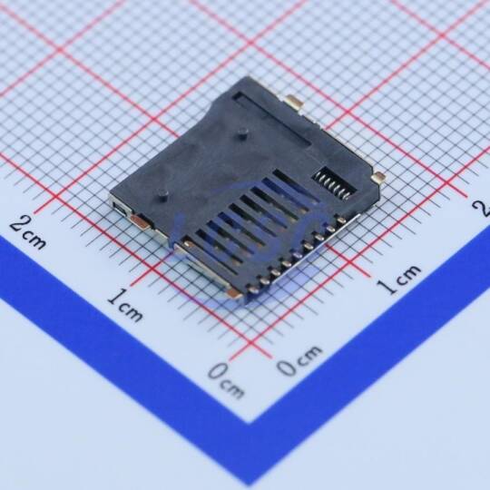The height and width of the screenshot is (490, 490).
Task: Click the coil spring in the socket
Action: [334, 184]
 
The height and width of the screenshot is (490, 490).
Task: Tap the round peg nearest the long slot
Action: [241, 133]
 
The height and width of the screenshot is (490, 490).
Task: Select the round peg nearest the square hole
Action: [162, 195]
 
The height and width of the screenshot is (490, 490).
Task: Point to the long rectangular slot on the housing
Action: [271, 120]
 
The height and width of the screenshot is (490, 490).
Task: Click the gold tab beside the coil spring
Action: [378, 178]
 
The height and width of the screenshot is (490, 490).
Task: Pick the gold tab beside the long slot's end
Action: [294, 102]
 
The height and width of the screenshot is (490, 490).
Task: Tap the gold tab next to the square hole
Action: [141, 221]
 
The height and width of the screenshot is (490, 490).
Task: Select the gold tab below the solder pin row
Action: [234, 293]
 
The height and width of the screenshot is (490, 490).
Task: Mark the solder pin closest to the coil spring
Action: [341, 220]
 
